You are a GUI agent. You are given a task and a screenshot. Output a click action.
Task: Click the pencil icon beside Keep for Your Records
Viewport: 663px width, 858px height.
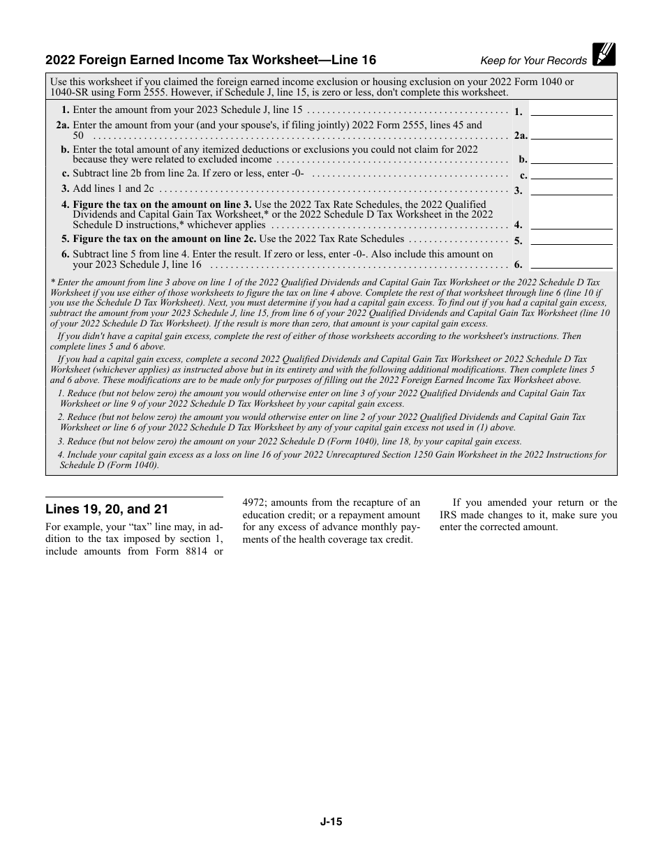(x=604, y=54)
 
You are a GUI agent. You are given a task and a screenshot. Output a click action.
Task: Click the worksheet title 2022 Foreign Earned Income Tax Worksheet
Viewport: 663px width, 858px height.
(x=210, y=60)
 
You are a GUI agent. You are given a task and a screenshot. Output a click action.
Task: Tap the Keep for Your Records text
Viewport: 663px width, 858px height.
(x=533, y=61)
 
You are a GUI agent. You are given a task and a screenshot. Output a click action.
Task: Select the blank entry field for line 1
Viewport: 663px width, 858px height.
(x=571, y=110)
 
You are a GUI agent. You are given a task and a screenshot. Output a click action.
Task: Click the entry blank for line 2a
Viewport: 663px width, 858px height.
(x=571, y=134)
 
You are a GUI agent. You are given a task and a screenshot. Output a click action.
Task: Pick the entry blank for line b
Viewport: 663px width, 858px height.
(x=571, y=158)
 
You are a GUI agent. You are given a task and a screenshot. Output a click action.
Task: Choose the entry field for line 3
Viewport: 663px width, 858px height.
(x=571, y=188)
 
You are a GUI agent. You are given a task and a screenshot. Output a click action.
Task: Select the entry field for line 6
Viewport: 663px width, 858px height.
(x=571, y=263)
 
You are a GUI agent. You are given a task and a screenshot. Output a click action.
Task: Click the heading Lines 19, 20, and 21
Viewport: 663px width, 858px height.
(x=107, y=509)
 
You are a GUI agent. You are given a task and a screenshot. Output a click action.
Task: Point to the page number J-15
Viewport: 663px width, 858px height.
(x=331, y=822)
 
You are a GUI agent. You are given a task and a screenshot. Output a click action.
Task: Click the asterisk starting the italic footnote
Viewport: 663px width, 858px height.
(x=52, y=283)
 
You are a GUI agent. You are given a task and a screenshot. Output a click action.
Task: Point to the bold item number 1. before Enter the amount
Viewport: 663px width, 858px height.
(x=65, y=110)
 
